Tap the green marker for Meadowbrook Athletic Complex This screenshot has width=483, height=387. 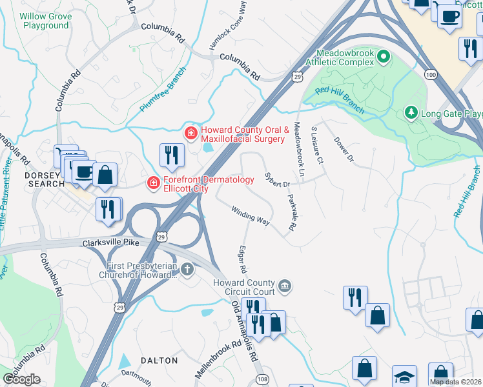(384, 57)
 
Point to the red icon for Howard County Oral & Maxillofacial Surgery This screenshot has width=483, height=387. (190, 134)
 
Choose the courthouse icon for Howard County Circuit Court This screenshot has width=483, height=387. (284, 285)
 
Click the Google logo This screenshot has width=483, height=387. (21, 379)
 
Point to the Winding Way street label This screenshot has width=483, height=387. (251, 216)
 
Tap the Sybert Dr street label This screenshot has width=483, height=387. (276, 180)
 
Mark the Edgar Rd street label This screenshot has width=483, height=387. (243, 258)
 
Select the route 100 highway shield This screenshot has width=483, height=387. (431, 75)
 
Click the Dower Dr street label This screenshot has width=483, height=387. (344, 149)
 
